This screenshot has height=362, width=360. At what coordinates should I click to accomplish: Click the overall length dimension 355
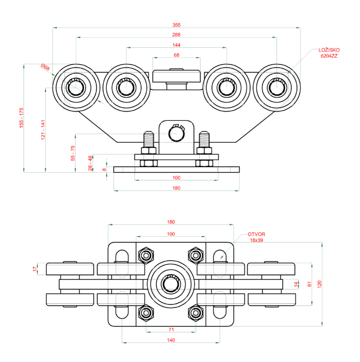coord(176,25)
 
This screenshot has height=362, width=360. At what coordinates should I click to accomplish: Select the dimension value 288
coord(176,35)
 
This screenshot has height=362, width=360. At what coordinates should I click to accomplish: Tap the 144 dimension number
coord(176,45)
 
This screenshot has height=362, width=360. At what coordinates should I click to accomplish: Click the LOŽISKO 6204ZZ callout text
coord(328,53)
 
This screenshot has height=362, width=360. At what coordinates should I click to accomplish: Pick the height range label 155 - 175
coord(21,118)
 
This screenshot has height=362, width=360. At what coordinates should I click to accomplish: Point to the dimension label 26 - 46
coord(90,163)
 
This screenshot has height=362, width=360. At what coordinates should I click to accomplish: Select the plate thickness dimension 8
coord(104,169)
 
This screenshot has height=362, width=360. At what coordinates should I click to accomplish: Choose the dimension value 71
coord(171,330)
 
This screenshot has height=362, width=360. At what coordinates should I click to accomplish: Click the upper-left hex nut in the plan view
coord(147,254)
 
